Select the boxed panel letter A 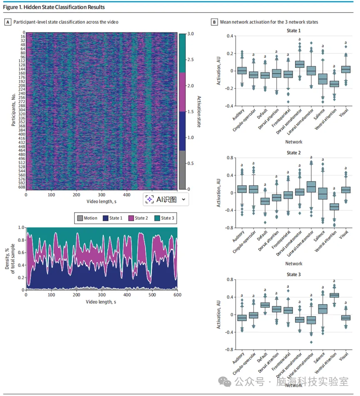tap(7, 22)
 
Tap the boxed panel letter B tap(214, 22)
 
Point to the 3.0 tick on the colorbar tap(191, 34)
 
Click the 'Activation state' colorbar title tap(199, 111)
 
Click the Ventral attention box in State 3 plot tap(334, 295)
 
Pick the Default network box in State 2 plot tap(265, 201)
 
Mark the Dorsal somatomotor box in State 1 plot tap(299, 64)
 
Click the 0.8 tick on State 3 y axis tap(228, 280)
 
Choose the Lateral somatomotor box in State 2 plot tap(311, 186)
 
